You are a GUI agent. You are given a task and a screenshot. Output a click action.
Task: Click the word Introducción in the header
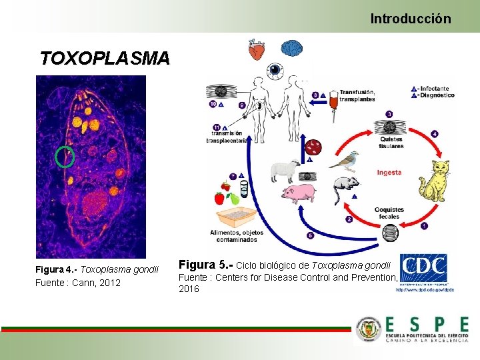(411, 19)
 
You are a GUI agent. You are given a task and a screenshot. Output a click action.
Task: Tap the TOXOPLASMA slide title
(105, 59)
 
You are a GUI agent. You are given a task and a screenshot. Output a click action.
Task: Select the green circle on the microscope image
(65, 157)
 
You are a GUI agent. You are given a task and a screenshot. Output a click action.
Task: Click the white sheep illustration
(285, 171)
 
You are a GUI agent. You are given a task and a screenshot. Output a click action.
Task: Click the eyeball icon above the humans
(274, 69)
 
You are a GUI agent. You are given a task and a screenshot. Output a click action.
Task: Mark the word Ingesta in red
(389, 173)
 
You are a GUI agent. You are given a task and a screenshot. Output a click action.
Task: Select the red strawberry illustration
(219, 198)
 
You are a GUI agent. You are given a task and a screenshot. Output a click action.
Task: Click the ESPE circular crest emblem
(369, 329)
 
